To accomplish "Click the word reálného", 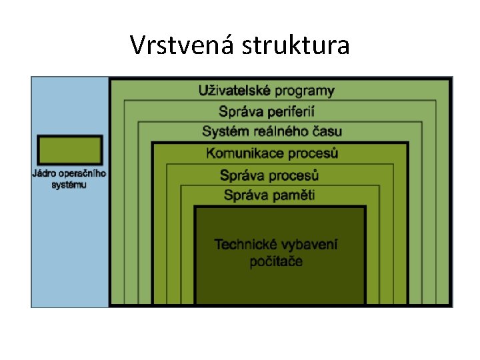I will point(275,131).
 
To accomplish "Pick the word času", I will point(326,131).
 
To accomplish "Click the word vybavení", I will point(310,245).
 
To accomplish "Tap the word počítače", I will point(276,261).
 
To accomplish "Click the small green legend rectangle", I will point(69,150).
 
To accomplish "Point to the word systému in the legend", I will point(69,184).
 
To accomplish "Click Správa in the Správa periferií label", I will point(240,111).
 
